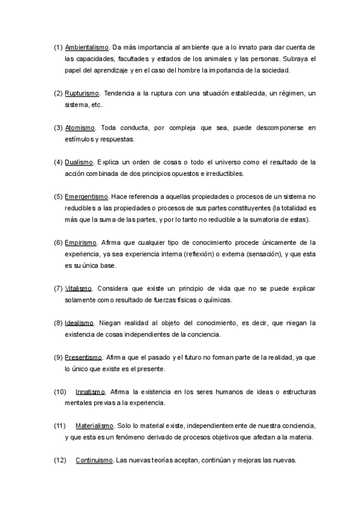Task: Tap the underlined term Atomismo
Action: point(80,128)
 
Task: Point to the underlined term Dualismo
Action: point(79,162)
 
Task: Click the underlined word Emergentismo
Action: point(86,196)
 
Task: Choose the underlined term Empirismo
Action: point(80,242)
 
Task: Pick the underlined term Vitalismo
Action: point(78,288)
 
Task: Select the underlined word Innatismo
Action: point(91,391)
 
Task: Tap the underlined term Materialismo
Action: point(94,426)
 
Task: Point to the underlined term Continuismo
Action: point(94,460)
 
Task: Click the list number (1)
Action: point(58,47)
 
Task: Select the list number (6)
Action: point(58,242)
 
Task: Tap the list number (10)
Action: point(59,391)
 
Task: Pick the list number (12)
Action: point(59,460)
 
